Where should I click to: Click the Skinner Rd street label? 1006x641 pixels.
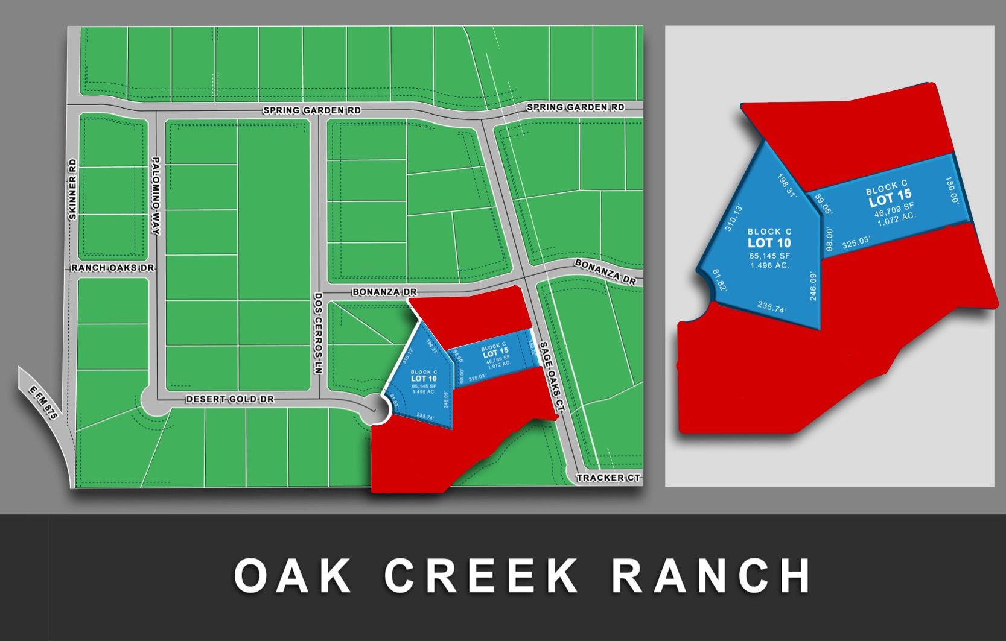[72, 189]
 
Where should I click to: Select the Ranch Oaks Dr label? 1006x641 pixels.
[112, 268]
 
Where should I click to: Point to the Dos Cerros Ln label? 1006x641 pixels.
[318, 333]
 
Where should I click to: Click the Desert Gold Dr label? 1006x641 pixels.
[230, 399]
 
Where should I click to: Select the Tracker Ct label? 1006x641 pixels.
[608, 478]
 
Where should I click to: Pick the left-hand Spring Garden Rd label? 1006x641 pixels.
[312, 110]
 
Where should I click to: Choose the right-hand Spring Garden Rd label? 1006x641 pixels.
[575, 107]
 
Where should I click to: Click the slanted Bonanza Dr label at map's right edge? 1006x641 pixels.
[605, 272]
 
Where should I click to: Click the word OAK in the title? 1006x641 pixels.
[292, 576]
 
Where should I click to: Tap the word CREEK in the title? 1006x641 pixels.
[481, 576]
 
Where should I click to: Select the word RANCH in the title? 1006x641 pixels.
[712, 576]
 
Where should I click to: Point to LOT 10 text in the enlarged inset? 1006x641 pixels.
[769, 243]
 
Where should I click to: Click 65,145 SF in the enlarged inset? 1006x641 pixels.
[769, 256]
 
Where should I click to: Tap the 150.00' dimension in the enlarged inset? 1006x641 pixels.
[952, 191]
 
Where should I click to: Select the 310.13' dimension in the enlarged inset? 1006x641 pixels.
[733, 217]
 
